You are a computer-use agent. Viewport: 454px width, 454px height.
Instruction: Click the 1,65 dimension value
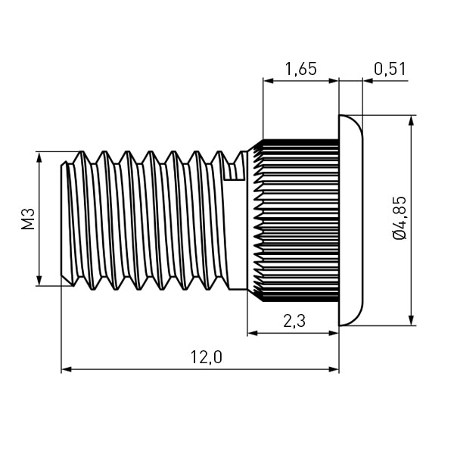(301, 69)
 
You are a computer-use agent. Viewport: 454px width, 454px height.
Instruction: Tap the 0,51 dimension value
(390, 69)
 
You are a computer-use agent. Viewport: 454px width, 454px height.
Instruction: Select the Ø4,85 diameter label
(400, 218)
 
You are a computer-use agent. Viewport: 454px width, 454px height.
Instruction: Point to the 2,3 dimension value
(294, 321)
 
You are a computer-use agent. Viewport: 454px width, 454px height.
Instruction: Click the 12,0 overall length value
(206, 357)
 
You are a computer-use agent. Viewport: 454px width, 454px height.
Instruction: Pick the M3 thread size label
(28, 219)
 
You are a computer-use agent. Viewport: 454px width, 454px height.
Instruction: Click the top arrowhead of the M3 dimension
(39, 158)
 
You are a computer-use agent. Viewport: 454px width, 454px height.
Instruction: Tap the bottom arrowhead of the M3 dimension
(39, 280)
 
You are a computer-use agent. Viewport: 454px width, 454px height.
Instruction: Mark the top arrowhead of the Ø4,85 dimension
(411, 122)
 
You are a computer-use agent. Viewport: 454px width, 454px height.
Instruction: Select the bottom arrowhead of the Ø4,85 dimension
(411, 319)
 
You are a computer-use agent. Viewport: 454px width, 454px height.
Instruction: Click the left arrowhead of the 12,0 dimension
(67, 369)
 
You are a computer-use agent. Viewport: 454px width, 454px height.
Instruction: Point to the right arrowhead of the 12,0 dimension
(333, 369)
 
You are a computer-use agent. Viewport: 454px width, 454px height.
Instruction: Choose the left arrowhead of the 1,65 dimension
(269, 81)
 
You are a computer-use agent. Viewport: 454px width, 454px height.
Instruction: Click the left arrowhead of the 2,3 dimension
(253, 333)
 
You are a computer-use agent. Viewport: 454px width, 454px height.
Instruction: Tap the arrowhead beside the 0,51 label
(368, 81)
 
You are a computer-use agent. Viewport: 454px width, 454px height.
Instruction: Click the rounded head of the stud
(350, 220)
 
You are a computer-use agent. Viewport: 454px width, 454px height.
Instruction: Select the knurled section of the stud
(295, 220)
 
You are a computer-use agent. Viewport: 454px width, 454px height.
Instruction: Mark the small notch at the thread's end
(235, 172)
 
